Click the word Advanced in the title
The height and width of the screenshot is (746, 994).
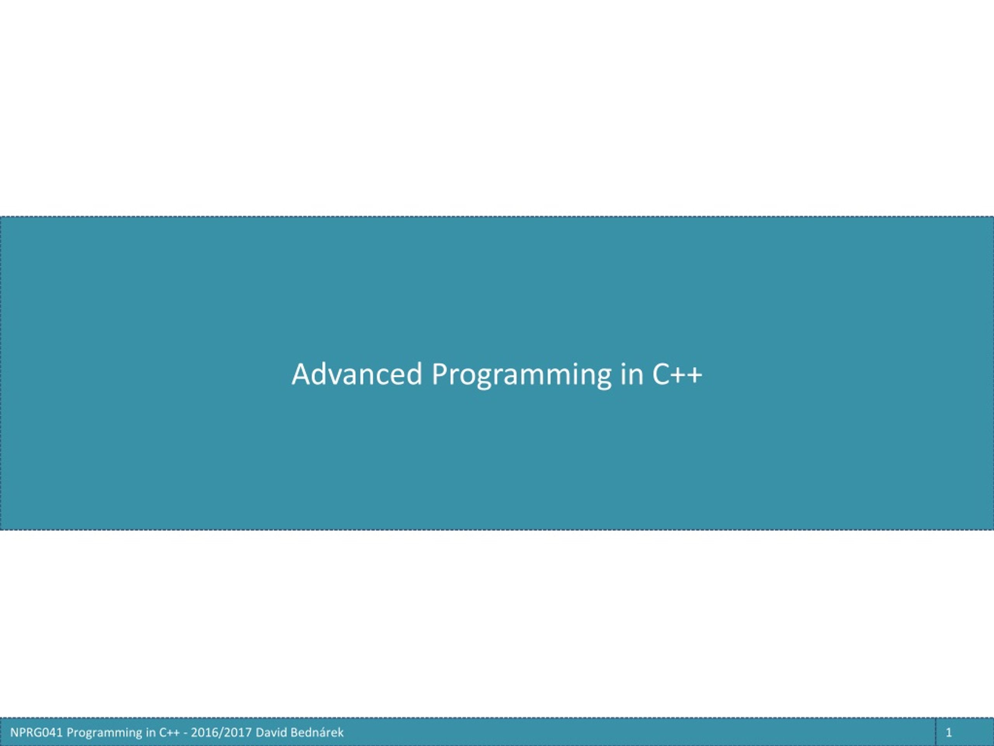357,374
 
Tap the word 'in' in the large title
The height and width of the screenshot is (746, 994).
632,374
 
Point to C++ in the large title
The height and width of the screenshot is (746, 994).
677,374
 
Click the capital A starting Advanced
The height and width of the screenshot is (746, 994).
301,374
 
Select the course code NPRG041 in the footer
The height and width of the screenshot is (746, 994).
36,732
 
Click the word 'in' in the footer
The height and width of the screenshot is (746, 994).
151,732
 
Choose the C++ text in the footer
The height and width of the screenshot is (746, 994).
169,732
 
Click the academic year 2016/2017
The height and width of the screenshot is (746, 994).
221,733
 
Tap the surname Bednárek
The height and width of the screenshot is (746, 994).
317,732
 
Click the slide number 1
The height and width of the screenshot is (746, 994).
949,732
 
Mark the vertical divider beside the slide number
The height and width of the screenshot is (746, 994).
936,732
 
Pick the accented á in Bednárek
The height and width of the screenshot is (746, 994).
320,732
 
